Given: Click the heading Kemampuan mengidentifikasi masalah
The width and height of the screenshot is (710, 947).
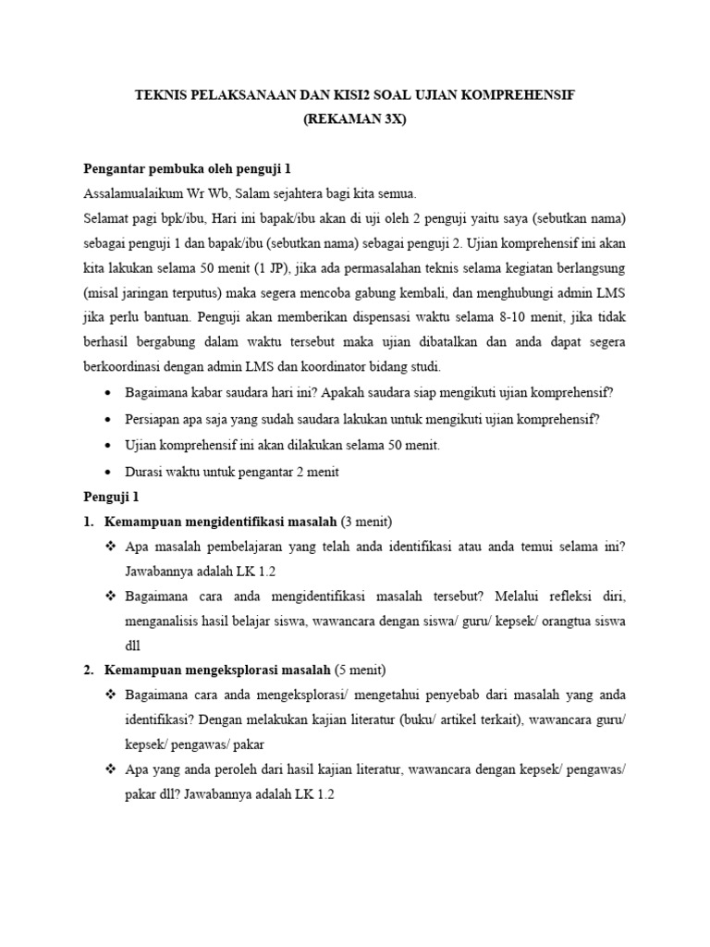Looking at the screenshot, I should (x=221, y=522).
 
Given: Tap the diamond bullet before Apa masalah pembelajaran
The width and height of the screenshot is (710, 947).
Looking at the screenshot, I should (x=111, y=547).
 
